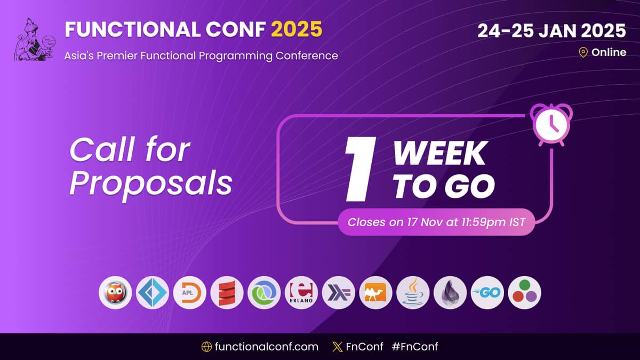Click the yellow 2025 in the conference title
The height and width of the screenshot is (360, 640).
[x=297, y=29]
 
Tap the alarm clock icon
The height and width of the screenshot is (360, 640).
[x=551, y=125]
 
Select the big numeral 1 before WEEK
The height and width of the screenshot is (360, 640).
[x=361, y=169]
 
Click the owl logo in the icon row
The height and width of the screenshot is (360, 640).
[x=115, y=293]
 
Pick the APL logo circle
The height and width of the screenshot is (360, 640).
[x=190, y=293]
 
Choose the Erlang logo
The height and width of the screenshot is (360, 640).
[x=301, y=293]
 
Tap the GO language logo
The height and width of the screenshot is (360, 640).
[x=487, y=293]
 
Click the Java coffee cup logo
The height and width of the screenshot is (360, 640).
[x=413, y=293]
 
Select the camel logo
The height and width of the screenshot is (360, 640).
[x=375, y=293]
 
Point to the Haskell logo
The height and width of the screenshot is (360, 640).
[x=339, y=293]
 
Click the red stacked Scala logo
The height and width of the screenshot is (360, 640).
[x=227, y=293]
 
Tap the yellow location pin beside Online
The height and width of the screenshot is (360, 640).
[x=583, y=53]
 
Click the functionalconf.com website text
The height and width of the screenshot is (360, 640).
[x=266, y=347]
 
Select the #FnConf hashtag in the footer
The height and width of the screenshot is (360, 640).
[x=415, y=347]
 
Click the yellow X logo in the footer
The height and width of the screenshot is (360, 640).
[x=338, y=347]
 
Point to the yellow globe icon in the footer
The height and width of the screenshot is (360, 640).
[x=206, y=347]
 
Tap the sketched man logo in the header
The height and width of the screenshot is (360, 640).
[x=35, y=39]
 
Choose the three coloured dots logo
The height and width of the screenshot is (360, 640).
[x=525, y=293]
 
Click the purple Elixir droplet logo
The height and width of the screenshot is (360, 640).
[x=450, y=293]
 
